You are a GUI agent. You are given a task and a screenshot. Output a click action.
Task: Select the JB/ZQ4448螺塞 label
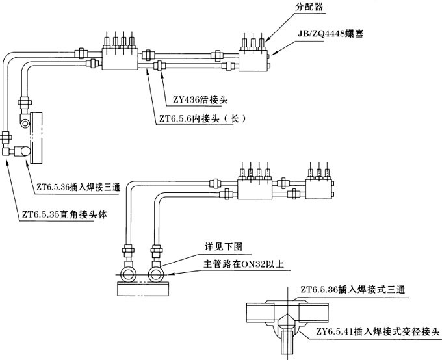pyautogui.click(x=331, y=31)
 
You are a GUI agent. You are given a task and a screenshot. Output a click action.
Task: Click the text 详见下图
pyautogui.click(x=224, y=248)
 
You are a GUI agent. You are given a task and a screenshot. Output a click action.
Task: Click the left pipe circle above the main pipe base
pyautogui.click(x=128, y=273)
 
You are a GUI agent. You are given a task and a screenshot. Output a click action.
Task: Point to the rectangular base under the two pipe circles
pyautogui.click(x=142, y=289)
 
